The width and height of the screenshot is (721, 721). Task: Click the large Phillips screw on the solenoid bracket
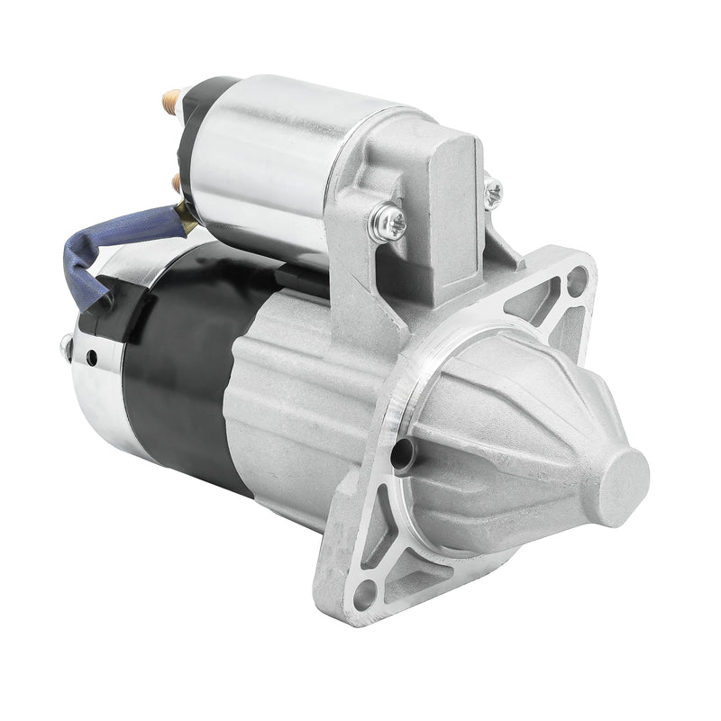pos(388,223)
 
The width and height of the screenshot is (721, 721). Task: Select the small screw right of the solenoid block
pos(493,192)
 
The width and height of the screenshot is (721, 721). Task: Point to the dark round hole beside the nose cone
pos(402,454)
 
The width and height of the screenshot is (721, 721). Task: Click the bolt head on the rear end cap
pos(66,345)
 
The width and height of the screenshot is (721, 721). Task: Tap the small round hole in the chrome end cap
pos(92,359)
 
